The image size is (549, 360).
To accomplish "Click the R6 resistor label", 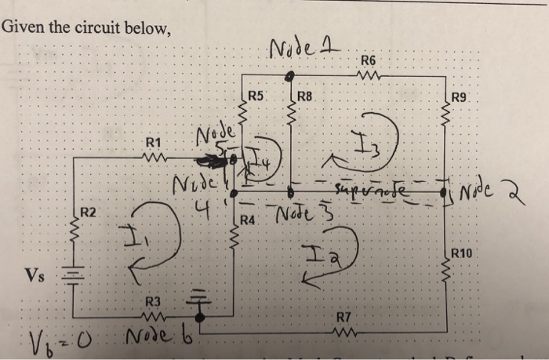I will click(368, 60).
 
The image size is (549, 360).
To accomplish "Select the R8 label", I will click(305, 97).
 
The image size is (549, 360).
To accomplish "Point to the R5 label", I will click(256, 97).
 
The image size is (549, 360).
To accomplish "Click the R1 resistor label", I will click(155, 143).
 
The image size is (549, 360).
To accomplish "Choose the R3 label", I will click(153, 302).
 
